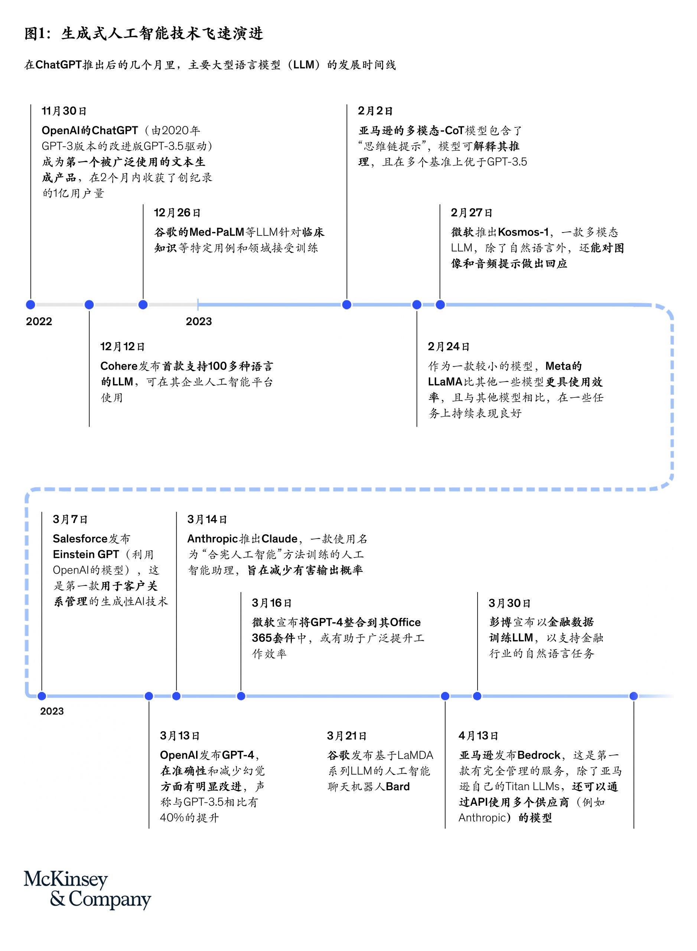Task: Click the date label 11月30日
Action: (64, 111)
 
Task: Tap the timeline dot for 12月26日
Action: (143, 304)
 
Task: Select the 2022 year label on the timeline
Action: (39, 321)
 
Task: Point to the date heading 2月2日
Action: (375, 111)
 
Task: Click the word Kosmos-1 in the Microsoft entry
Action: (523, 232)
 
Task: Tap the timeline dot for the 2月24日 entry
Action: (417, 304)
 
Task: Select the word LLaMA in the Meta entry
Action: (446, 382)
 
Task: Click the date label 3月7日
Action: (70, 519)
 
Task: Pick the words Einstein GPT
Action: (86, 554)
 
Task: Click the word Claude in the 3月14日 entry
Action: (280, 539)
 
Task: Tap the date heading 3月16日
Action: (272, 603)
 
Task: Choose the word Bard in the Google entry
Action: (398, 786)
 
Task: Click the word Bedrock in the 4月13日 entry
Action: (539, 755)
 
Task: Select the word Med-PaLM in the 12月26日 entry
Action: (217, 232)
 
